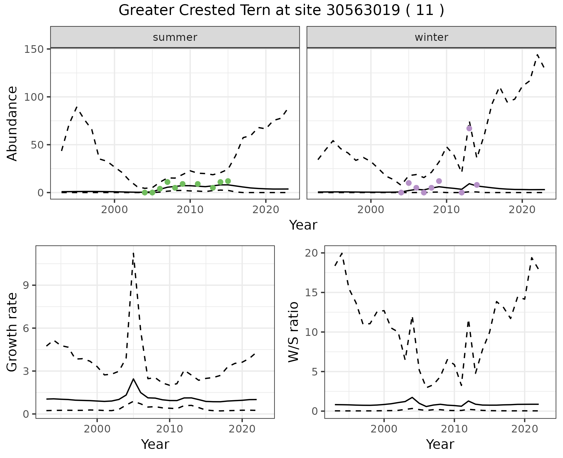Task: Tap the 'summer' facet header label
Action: [175, 37]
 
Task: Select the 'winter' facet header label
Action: [431, 37]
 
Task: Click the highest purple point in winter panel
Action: [469, 128]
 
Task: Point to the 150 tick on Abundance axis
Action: [33, 49]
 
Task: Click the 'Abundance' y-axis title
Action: [12, 123]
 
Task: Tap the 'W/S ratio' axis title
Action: [293, 332]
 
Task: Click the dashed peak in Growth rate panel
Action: [133, 253]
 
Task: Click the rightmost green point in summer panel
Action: [228, 181]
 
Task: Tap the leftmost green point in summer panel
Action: [145, 192]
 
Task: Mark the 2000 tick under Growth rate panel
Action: [97, 429]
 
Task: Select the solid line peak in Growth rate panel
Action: [133, 379]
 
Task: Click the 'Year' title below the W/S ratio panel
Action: [440, 444]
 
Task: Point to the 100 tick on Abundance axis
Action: [33, 97]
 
